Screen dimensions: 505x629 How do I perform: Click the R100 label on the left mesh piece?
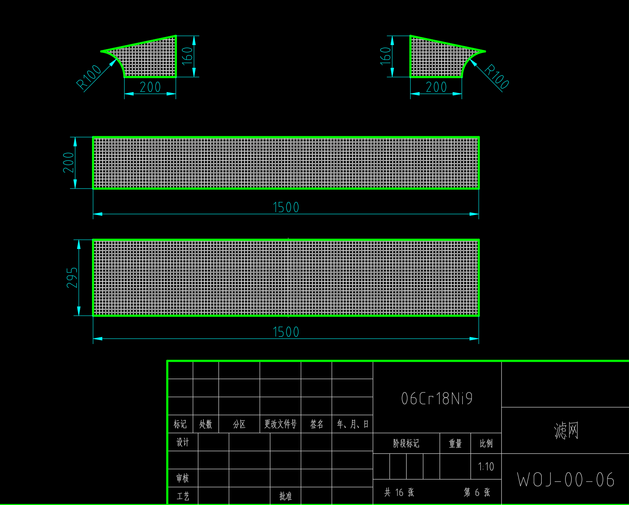(89, 77)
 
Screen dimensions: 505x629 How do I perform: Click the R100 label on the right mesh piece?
(497, 76)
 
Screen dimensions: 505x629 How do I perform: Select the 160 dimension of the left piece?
(188, 56)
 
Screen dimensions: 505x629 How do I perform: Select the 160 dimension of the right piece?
(386, 56)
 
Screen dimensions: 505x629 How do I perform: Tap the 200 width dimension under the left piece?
(150, 87)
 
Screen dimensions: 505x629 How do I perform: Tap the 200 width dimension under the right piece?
(436, 87)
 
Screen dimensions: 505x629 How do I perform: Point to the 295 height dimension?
(72, 277)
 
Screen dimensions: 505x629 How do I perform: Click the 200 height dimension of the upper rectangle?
(68, 163)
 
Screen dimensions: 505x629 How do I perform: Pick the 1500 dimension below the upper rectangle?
(286, 207)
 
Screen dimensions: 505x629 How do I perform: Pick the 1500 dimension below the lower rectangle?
(286, 332)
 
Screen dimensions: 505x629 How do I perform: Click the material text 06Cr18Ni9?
(437, 399)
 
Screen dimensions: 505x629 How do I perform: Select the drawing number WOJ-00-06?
(565, 480)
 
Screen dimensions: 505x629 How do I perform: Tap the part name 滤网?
(566, 431)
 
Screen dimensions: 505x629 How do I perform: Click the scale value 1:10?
(486, 467)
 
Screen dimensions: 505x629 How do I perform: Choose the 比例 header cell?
(486, 444)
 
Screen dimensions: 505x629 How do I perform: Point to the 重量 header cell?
(455, 444)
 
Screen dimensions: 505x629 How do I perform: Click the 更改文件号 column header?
(280, 424)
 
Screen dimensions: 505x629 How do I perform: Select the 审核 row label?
(182, 478)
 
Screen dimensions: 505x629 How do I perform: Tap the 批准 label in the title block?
(285, 496)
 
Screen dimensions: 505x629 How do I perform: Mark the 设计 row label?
(182, 442)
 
